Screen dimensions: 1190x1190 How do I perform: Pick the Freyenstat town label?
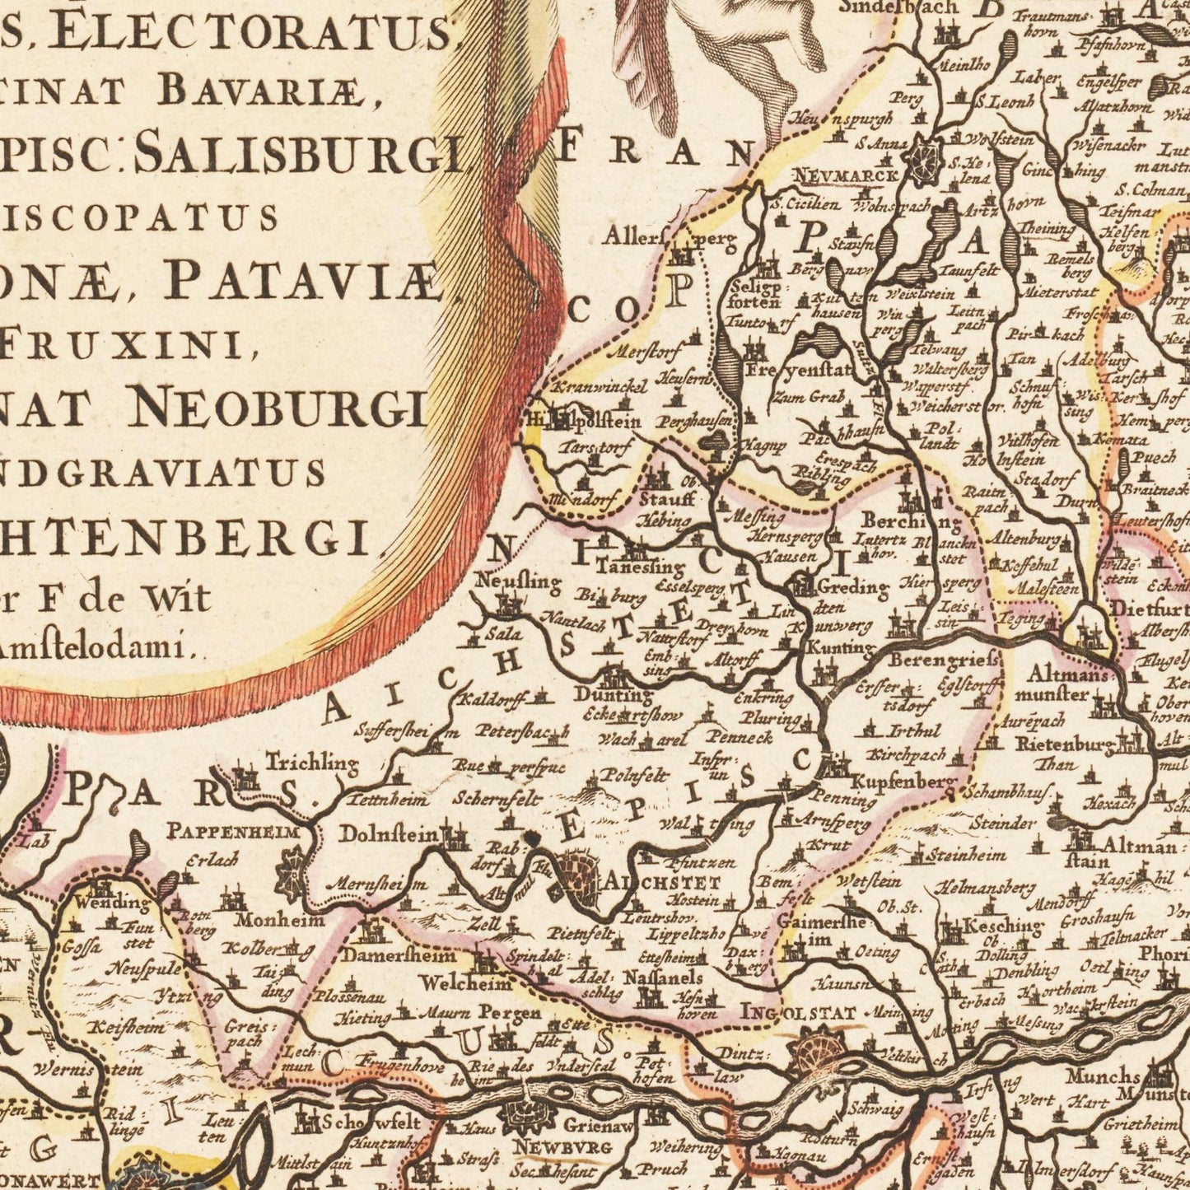[x=786, y=370]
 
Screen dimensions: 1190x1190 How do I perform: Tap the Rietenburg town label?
[x=1066, y=745]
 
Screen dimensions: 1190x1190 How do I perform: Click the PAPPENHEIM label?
[x=236, y=831]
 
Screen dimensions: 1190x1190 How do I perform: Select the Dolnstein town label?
[x=389, y=833]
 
